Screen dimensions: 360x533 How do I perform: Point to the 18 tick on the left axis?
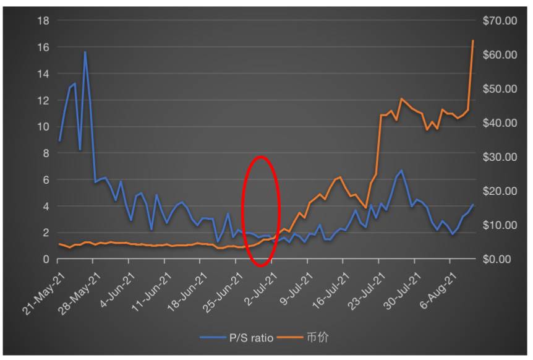click(x=44, y=20)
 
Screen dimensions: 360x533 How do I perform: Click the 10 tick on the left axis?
click(x=44, y=127)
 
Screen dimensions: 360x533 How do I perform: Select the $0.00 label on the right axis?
click(x=501, y=259)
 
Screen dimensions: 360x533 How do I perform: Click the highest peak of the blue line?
click(x=85, y=52)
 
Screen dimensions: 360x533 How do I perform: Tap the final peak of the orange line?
click(x=473, y=40)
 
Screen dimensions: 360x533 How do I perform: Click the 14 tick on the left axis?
click(x=44, y=74)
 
